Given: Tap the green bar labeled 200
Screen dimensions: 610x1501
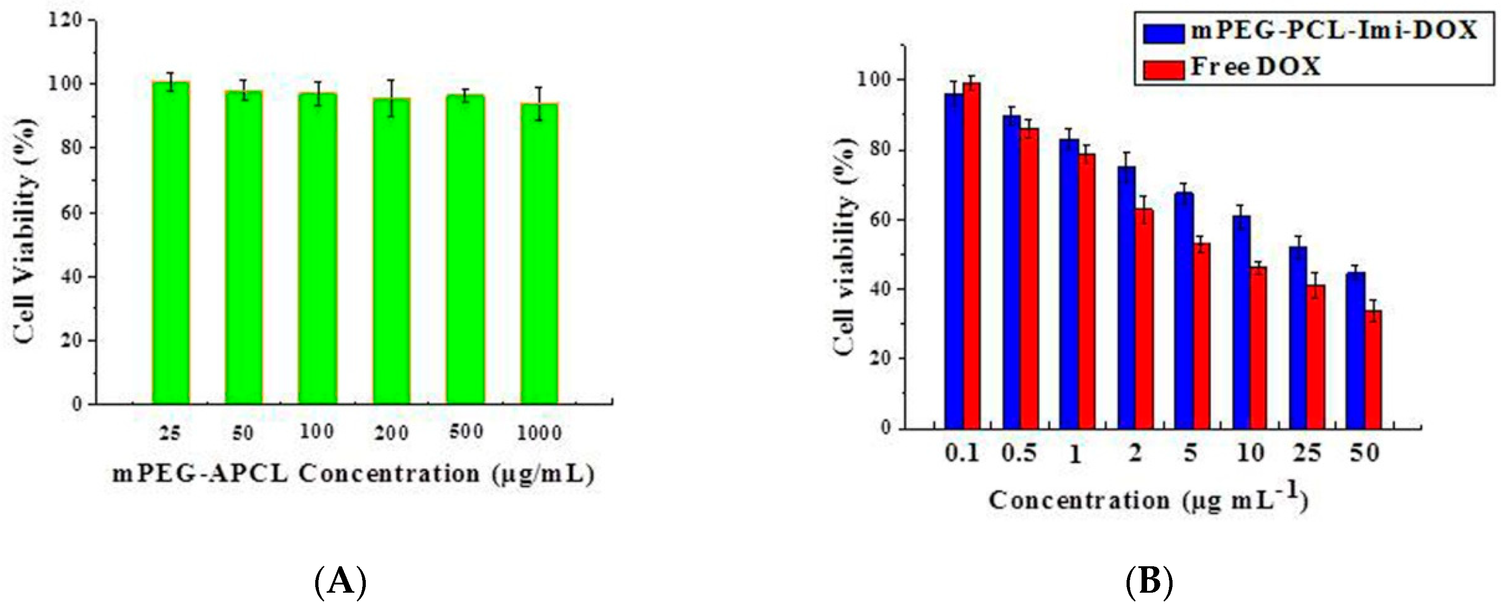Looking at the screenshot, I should (392, 251).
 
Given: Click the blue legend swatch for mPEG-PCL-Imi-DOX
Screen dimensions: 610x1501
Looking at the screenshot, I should (1163, 33).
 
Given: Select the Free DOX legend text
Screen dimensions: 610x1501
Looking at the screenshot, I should (1255, 67).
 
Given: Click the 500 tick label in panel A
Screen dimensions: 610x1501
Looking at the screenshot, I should (466, 432).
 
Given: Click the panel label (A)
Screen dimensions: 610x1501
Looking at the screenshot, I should (341, 581).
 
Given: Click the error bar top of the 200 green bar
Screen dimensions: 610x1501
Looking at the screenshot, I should (392, 80).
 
